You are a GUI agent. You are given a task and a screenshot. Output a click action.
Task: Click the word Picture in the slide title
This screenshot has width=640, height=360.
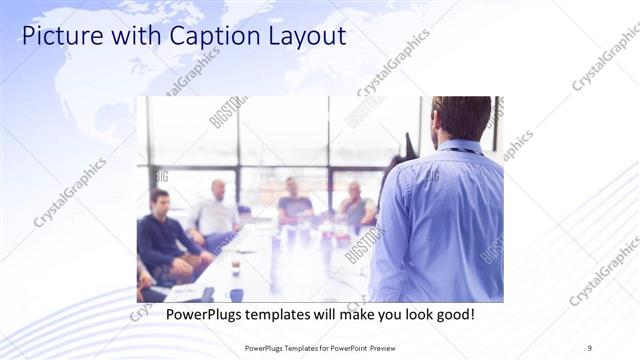pos(58,37)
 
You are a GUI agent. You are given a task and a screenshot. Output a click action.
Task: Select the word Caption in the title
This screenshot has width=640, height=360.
pos(196,37)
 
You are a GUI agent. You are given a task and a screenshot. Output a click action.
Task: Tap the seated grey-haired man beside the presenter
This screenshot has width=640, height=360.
pos(355,206)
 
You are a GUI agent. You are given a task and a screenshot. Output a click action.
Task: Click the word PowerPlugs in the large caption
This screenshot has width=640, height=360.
pos(190,314)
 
